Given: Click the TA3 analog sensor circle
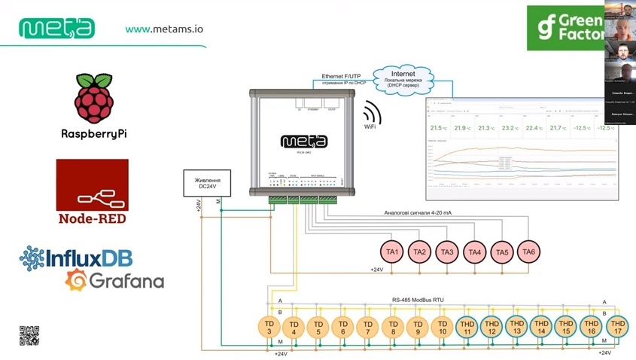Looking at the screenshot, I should pos(447,252).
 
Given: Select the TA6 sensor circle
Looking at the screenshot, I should pos(528,252).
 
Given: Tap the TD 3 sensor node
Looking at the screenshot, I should pos(269,327).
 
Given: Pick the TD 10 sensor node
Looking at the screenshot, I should pos(442,327).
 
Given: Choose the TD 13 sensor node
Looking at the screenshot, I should pos(516,327).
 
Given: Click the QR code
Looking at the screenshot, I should pos(29,334).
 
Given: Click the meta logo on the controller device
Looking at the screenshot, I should pos(303,141).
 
